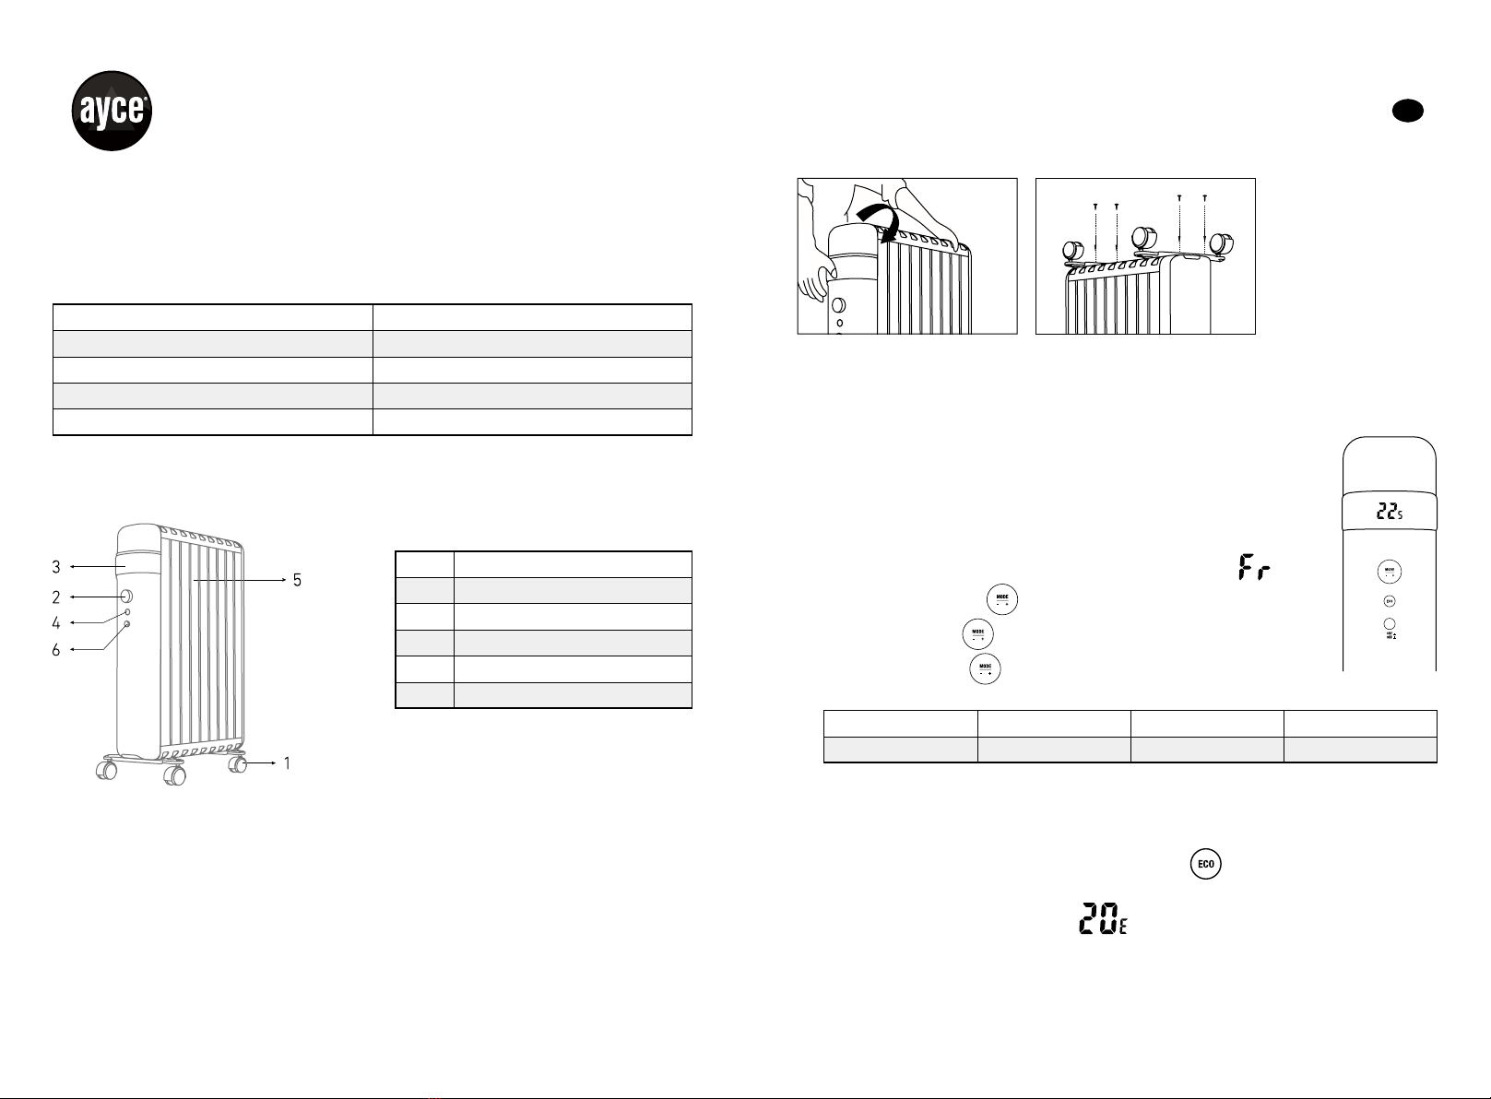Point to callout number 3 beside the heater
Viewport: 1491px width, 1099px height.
[56, 567]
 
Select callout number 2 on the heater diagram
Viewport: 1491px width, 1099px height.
[56, 597]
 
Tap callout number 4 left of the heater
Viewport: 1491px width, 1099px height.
[56, 623]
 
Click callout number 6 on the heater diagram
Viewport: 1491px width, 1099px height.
[56, 650]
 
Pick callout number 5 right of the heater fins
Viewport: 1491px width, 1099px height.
[296, 580]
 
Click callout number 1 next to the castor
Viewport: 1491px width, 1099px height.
[288, 763]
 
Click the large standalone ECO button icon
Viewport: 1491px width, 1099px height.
[1205, 864]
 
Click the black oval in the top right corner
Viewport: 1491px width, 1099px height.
[1408, 111]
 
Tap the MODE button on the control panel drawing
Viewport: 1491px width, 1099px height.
[1390, 572]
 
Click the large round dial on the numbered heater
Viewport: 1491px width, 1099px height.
[126, 597]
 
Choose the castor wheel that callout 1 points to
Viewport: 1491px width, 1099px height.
[240, 763]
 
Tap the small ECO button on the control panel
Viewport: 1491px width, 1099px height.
[1390, 601]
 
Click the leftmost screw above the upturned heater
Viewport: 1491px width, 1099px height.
[1095, 207]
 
